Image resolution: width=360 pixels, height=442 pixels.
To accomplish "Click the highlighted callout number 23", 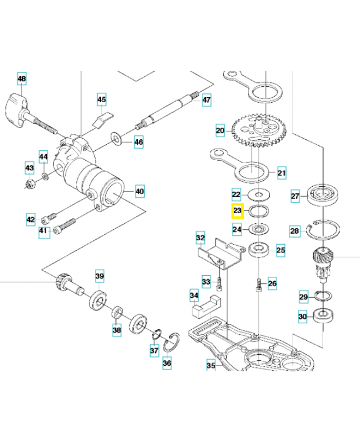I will pos(237,211).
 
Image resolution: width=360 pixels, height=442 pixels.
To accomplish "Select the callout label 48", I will pos(22,80).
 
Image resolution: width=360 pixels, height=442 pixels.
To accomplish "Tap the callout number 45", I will pos(102,99).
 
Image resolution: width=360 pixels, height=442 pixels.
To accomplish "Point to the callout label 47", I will pos(206,100).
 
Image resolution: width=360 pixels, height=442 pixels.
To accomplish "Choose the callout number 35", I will pos(210,365).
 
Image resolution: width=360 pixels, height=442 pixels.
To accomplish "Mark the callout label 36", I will pos(167,364).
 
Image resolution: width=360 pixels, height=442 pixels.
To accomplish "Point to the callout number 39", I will pos(99,276).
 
